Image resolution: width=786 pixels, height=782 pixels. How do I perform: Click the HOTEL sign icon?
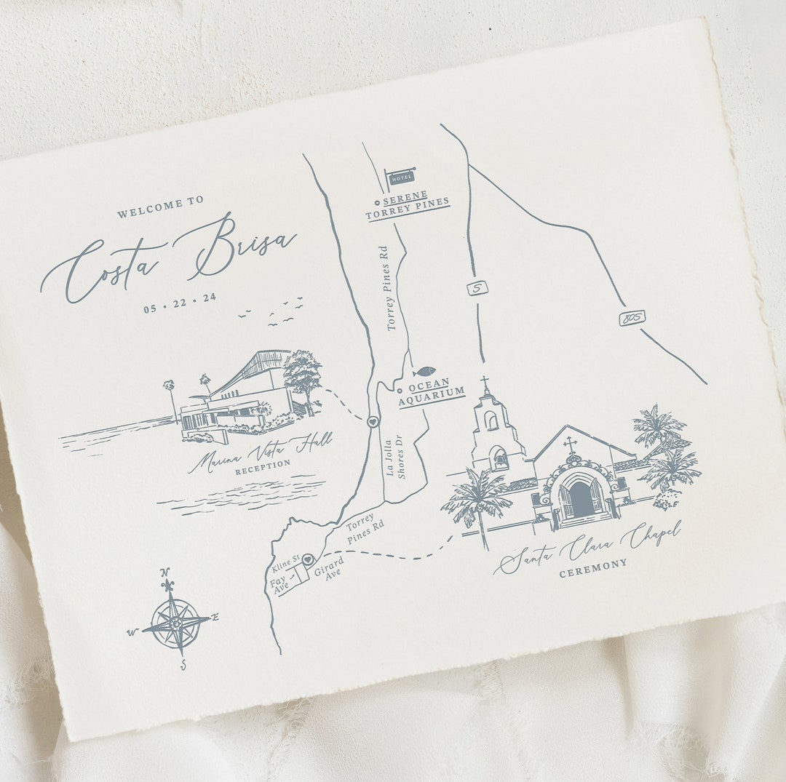(400, 177)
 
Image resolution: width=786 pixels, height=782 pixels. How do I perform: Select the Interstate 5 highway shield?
(477, 288)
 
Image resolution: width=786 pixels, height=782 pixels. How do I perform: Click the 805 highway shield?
(632, 318)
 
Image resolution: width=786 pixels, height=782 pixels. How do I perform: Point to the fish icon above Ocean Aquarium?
(424, 371)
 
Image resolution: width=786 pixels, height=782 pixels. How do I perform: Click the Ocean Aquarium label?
(432, 388)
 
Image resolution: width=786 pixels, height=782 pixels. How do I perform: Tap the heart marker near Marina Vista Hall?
(373, 421)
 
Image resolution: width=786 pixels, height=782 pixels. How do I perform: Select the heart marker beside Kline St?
(308, 559)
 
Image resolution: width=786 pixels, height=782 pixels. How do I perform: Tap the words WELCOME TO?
(161, 209)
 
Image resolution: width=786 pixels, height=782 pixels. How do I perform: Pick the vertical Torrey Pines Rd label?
(392, 288)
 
